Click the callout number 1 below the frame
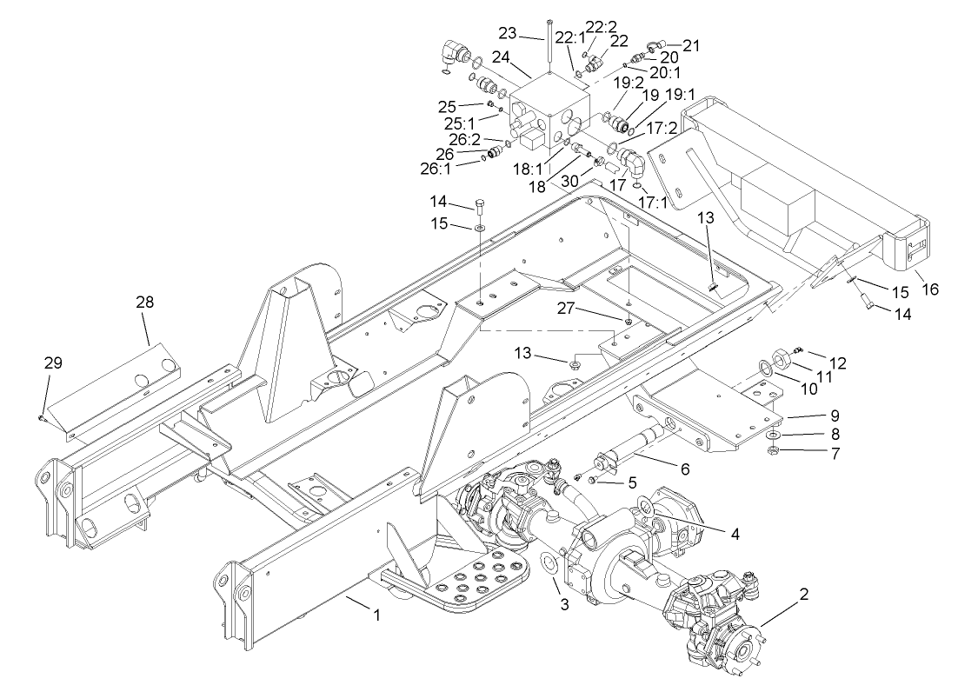pyautogui.click(x=376, y=615)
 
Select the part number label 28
pyautogui.click(x=144, y=302)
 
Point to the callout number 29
pyautogui.click(x=53, y=362)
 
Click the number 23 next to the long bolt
pyautogui.click(x=508, y=34)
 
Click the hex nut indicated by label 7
pyautogui.click(x=772, y=451)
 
